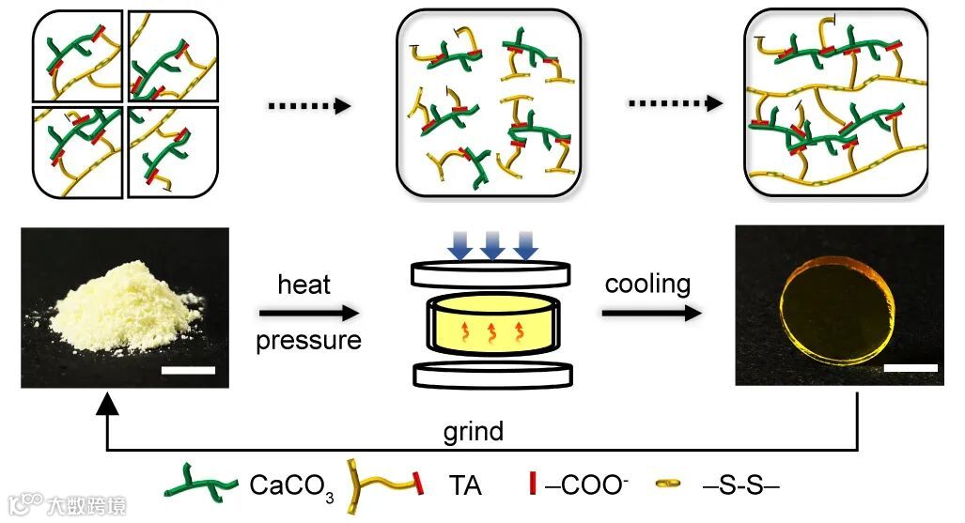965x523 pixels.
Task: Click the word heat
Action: coord(304,285)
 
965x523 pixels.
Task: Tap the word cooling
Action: coord(647,284)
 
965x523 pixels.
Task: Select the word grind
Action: coord(474,432)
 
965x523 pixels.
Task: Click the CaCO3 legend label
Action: coord(291,486)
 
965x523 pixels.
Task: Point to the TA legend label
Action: coord(465,486)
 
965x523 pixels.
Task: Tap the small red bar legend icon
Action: coord(533,485)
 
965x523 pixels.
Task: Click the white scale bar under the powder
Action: coord(188,370)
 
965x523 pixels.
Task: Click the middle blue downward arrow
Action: coord(492,245)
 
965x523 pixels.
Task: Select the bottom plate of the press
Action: coord(492,373)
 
